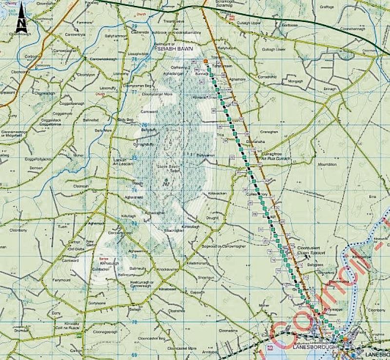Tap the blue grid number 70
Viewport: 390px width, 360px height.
pos(135,322)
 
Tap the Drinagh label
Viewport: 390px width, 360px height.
pos(331,89)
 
